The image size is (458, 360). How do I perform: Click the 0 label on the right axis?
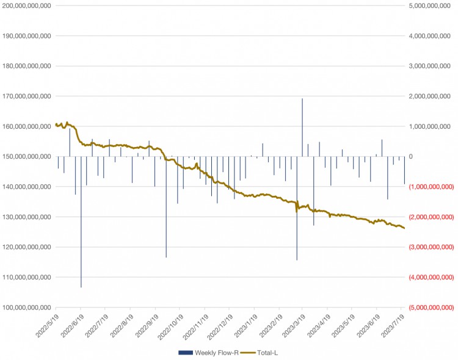[412, 156]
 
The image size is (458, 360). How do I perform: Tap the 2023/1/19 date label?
[243, 328]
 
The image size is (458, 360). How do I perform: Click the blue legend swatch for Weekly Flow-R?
[185, 353]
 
